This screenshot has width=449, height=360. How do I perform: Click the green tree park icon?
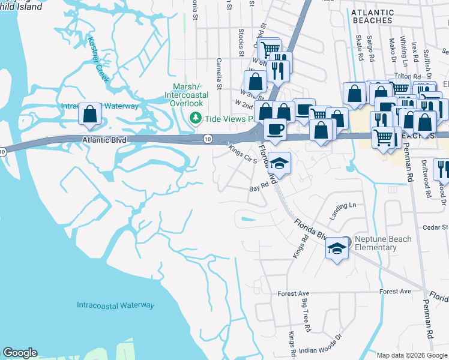tap(195, 118)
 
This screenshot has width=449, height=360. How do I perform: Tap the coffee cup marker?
tap(275, 129)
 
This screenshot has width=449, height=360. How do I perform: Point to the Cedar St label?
tap(436, 227)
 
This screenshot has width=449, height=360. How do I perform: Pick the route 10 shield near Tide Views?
tap(206, 139)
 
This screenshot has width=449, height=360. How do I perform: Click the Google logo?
tap(20, 353)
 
